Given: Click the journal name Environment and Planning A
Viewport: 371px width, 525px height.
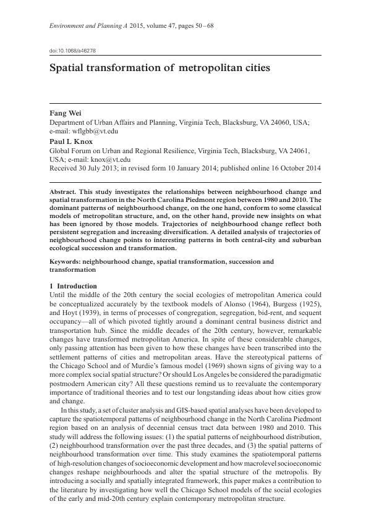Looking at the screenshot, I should (88, 25).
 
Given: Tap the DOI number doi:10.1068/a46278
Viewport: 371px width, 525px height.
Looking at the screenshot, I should (72, 50).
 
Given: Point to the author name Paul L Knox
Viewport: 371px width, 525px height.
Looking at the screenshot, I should (71, 141).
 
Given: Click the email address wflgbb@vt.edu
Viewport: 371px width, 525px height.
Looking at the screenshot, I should (95, 132).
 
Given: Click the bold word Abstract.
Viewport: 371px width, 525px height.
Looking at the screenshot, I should (65, 192).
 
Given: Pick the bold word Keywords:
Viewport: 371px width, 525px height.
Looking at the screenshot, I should (65, 262).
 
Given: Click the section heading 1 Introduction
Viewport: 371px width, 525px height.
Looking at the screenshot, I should (73, 286).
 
